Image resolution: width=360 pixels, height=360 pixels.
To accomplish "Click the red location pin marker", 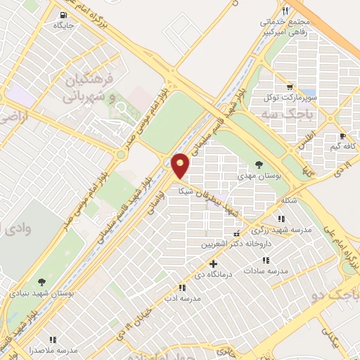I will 181,165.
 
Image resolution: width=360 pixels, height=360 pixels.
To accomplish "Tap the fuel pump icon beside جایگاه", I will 63,15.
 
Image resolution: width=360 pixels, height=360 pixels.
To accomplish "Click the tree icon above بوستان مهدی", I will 260,164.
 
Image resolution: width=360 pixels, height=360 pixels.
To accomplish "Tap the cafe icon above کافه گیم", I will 342,135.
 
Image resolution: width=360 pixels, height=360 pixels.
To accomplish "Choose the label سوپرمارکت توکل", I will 296,95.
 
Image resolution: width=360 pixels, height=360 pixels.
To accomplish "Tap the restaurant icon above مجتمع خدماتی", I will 285,11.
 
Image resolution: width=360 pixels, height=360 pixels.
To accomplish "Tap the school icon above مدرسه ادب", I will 182,288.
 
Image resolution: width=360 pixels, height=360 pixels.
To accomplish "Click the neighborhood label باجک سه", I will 280,112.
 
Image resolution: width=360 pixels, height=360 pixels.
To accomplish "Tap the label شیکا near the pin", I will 185,191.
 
